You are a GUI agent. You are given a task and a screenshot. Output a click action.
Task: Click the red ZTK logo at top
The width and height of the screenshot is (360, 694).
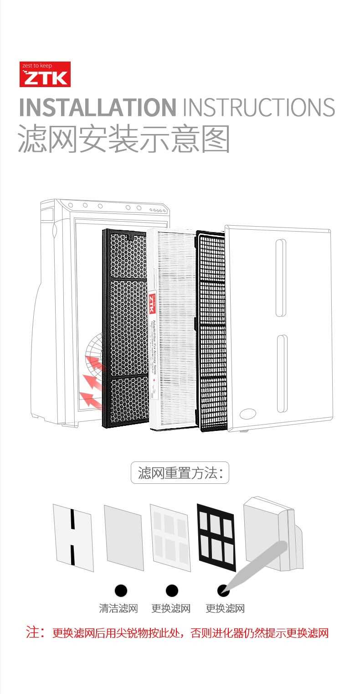click(45, 74)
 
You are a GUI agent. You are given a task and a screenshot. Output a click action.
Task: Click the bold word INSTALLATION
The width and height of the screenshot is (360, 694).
click(97, 107)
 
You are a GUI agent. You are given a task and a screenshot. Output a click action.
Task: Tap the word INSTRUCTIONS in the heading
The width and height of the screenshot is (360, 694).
click(258, 107)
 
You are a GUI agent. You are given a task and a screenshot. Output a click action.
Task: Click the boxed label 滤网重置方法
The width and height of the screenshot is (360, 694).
click(180, 472)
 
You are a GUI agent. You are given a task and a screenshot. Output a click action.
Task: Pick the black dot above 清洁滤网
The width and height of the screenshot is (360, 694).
click(120, 590)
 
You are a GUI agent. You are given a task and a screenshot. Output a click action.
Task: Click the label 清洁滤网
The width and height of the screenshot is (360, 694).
click(118, 608)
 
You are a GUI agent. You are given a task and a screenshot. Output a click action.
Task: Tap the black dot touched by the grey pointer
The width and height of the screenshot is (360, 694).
click(223, 590)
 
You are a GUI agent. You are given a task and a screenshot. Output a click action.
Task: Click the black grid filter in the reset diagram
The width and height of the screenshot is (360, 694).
click(216, 537)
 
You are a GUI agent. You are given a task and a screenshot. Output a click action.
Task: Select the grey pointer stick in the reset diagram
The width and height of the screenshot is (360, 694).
click(257, 565)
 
